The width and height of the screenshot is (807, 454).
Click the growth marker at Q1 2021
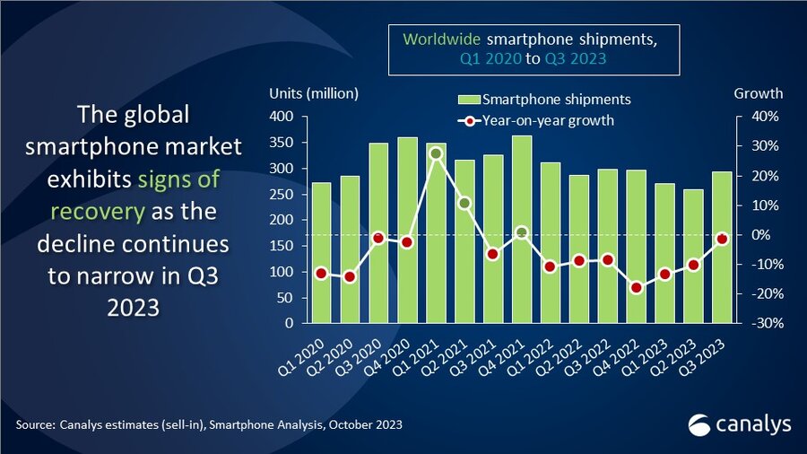point(436,153)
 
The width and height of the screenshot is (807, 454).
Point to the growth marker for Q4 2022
point(637,288)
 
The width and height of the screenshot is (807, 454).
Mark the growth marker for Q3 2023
point(723,239)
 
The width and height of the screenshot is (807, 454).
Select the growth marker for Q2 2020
point(350,276)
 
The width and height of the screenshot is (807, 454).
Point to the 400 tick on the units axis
point(283,117)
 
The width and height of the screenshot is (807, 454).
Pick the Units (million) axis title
point(314,93)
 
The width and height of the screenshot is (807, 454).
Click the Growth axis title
point(759,93)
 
